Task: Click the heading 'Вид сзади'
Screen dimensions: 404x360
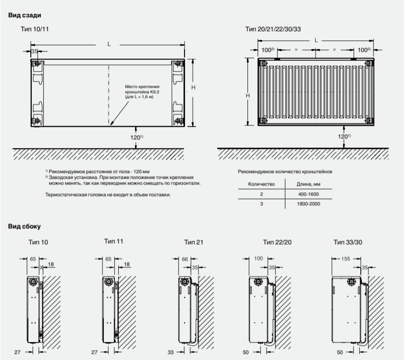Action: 24,15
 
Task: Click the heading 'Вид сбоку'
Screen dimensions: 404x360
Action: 24,226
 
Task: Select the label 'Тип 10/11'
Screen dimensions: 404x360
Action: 35,29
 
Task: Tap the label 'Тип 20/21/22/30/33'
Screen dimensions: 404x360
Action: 273,29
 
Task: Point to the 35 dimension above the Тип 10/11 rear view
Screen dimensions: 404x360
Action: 34,51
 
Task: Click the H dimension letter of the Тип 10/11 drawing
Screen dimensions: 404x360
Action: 193,87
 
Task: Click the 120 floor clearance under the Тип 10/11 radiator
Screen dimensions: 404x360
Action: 136,137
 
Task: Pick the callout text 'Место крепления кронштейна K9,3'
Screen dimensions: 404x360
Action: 142,89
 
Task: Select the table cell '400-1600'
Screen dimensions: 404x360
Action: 308,194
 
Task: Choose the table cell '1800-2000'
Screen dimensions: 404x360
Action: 308,204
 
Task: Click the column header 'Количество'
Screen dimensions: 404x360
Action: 261,184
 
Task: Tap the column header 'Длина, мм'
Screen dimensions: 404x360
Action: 308,184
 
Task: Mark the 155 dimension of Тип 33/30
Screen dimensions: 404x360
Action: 345,259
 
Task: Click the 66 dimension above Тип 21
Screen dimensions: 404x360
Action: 185,259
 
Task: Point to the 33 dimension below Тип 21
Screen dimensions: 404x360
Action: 171,352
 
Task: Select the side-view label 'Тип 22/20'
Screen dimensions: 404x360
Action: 277,242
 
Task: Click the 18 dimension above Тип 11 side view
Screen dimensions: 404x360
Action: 126,264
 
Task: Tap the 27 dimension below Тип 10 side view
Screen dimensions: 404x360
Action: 17,352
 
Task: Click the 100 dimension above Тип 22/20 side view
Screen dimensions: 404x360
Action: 258,259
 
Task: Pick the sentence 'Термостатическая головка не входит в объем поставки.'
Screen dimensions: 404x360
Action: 108,195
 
